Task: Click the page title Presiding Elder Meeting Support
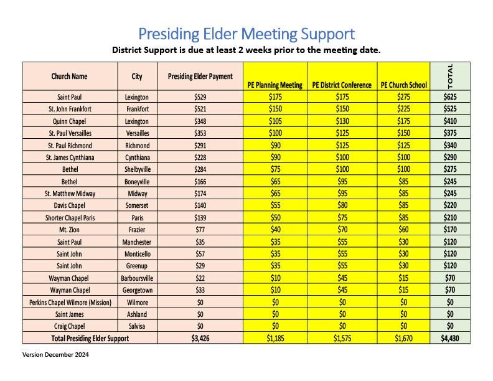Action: (247, 33)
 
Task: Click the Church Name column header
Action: (70, 77)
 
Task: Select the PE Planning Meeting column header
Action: (275, 85)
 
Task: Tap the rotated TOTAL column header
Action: (450, 75)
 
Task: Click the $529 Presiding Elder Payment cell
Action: (200, 97)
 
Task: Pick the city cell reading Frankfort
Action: (137, 109)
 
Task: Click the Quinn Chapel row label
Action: (70, 121)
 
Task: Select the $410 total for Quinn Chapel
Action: (450, 121)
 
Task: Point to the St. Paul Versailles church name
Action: (70, 133)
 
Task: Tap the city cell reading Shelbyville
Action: (137, 169)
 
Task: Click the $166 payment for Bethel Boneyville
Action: (200, 181)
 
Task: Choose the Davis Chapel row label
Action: (70, 205)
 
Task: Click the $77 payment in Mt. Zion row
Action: (200, 230)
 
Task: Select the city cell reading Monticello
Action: (137, 254)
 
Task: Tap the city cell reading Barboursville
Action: (137, 278)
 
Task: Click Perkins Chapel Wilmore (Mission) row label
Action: (70, 303)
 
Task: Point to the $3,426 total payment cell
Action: (200, 339)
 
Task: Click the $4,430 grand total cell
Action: (450, 339)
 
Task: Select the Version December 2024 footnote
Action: (55, 355)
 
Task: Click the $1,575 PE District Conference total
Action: (342, 339)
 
